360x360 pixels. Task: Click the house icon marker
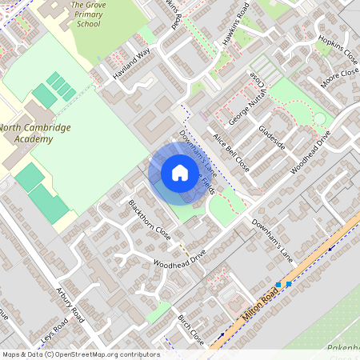(180, 173)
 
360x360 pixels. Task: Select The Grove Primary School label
(88, 14)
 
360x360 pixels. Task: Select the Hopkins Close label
(337, 50)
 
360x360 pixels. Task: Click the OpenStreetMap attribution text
(80, 354)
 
